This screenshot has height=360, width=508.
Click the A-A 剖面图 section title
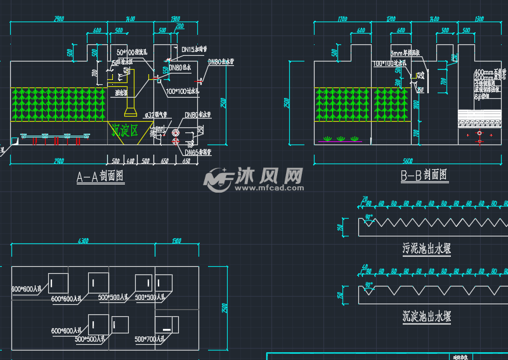pos(100,177)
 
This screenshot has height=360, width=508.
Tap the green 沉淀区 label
pos(125,131)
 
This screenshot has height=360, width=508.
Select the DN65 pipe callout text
pos(198,152)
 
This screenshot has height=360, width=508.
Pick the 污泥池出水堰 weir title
pos(427,248)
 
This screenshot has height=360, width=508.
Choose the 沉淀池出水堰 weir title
pos(427,315)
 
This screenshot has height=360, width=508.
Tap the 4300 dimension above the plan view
pos(82,241)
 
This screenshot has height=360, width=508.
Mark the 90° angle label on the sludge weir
pos(369,217)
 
